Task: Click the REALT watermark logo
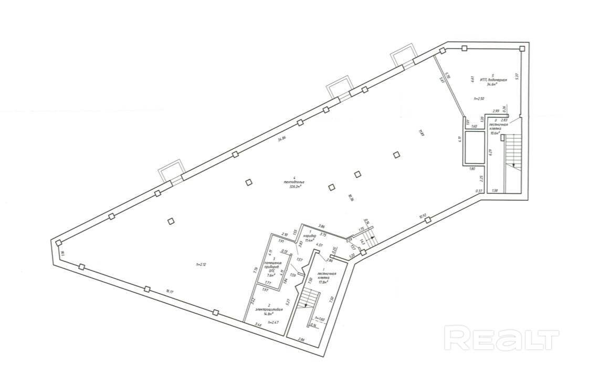point(501,338)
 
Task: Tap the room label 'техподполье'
point(294,182)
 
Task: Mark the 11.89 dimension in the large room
point(420,133)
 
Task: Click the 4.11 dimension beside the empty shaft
point(459,140)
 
